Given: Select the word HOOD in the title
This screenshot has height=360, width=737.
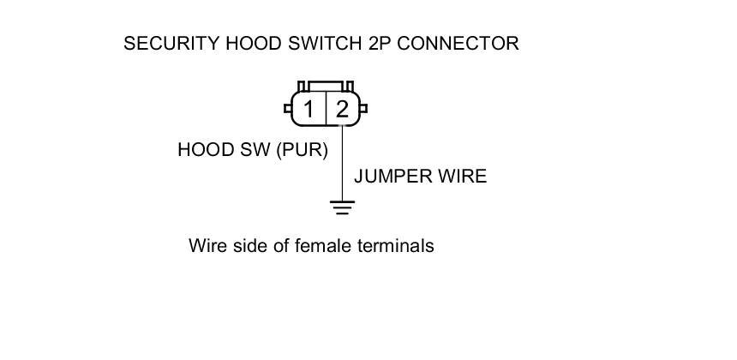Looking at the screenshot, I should pos(251,44).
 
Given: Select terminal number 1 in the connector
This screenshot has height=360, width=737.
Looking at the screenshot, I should pos(309,110).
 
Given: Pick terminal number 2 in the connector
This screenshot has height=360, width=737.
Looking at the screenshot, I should pos(342,110).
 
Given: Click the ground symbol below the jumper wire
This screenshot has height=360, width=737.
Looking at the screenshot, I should pos(343,207).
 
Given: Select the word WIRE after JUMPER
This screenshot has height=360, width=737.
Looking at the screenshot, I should pos(461,177).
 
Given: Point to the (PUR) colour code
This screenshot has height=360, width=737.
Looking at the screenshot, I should pos(303,150).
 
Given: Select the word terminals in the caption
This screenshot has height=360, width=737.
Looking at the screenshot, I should pos(395,247).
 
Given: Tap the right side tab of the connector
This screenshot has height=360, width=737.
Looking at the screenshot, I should pos(364,109).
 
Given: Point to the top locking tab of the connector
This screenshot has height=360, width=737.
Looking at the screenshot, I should pos(325,87).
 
